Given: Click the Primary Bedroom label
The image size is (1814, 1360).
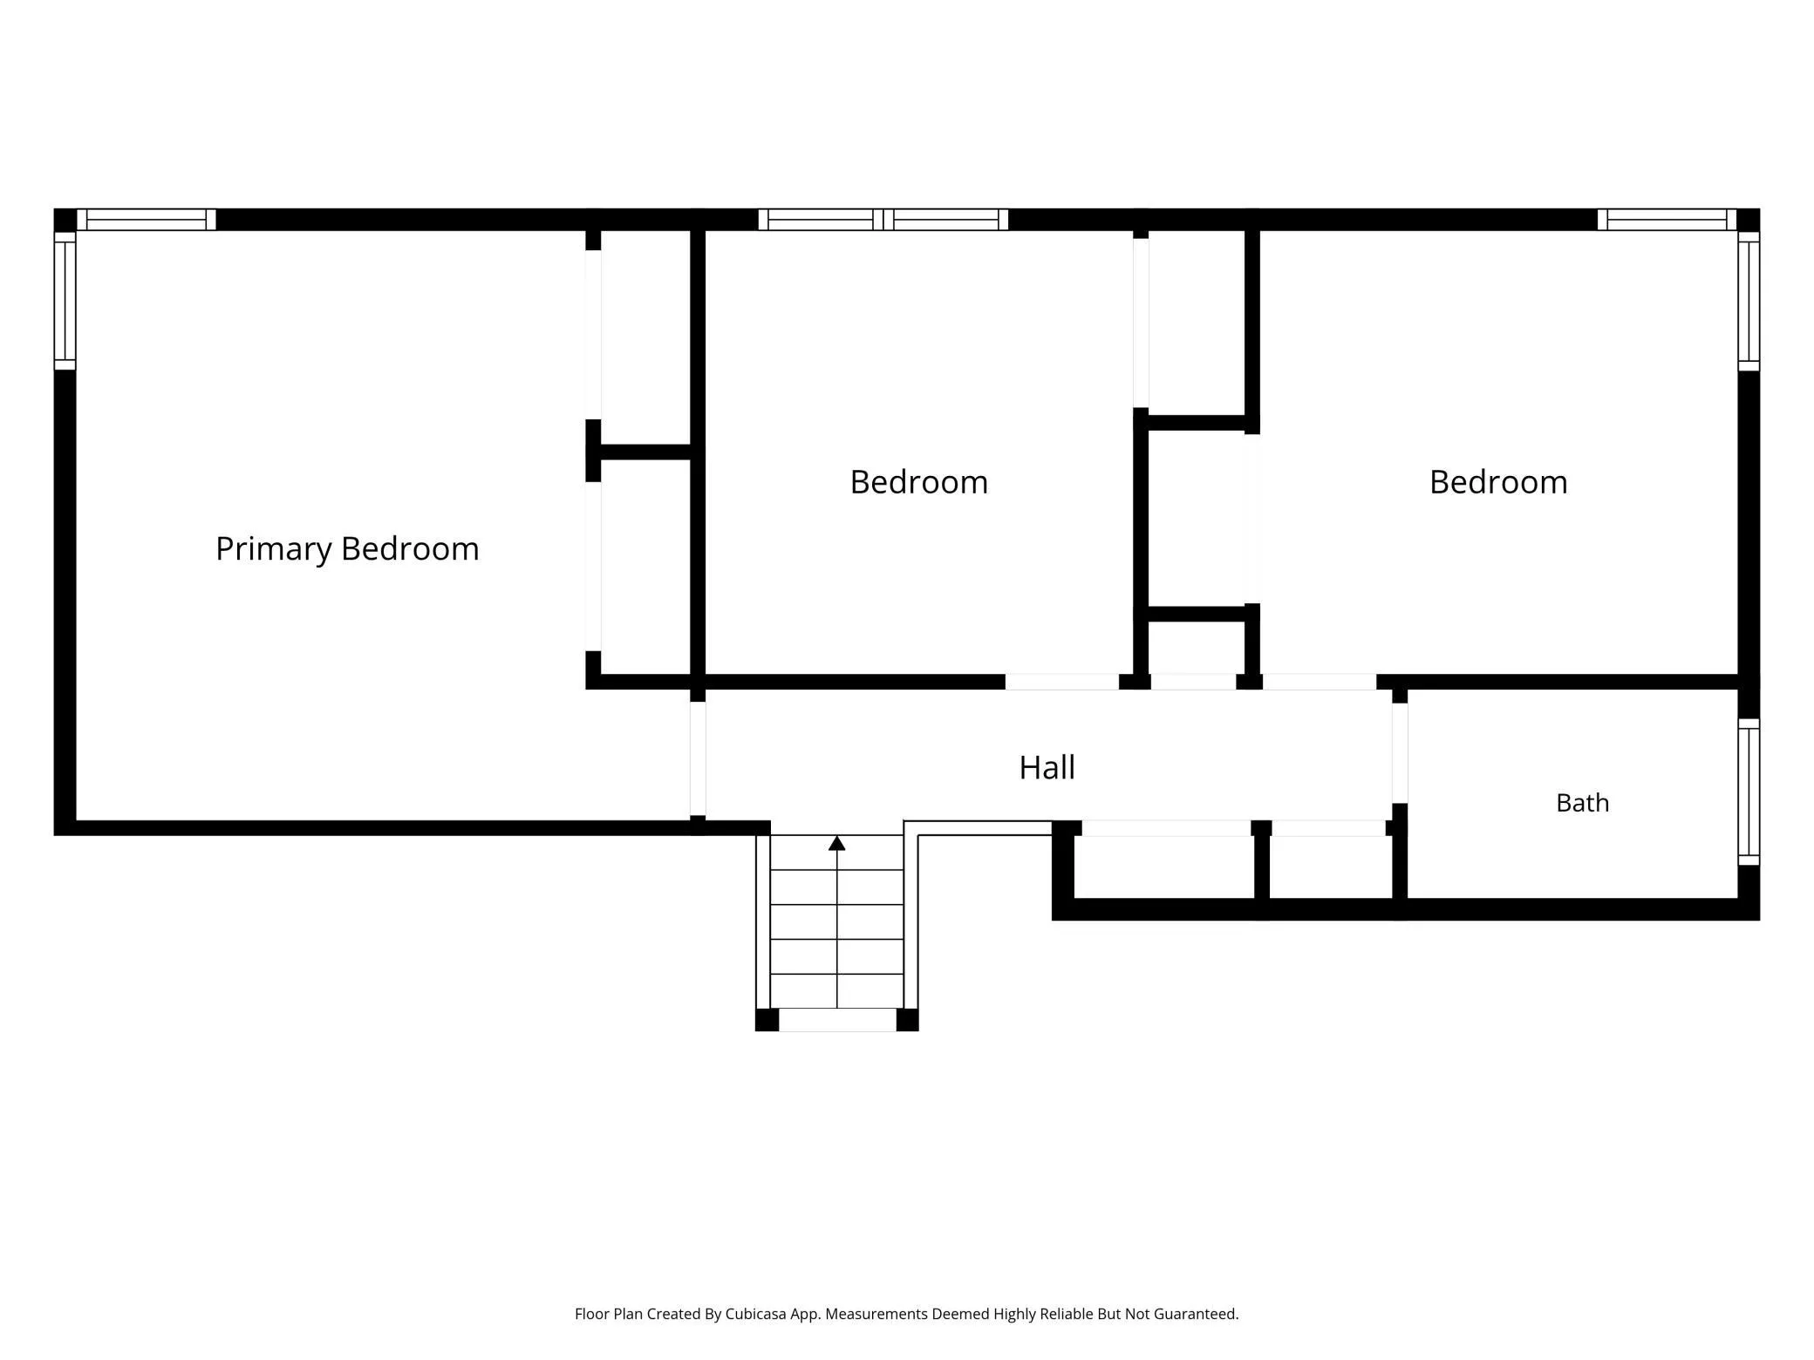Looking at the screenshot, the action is (x=347, y=549).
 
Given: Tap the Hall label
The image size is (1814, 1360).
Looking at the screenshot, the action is (x=1047, y=767).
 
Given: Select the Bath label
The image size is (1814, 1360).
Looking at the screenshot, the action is (x=1582, y=803).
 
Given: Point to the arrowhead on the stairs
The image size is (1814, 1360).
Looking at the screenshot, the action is (x=837, y=843).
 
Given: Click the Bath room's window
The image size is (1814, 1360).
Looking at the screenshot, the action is (x=1749, y=792).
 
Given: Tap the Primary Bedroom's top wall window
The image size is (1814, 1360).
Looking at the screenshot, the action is (x=147, y=220).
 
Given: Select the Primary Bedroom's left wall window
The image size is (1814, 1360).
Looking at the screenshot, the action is (x=65, y=301).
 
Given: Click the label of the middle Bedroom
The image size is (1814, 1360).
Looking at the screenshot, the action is (x=919, y=482).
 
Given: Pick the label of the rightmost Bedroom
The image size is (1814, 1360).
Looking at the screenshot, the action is (x=1498, y=482).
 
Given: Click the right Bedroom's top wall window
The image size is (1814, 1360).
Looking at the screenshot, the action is (x=1667, y=220).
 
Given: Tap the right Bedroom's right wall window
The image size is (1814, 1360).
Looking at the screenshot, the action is (x=1749, y=301).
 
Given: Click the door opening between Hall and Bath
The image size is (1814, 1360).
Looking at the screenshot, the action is (x=1400, y=753).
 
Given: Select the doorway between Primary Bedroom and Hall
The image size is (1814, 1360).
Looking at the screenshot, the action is (x=698, y=758).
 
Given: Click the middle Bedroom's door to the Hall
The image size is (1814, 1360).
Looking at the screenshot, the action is (x=1062, y=682).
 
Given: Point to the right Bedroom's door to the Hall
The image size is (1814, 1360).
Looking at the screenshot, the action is (x=1320, y=682).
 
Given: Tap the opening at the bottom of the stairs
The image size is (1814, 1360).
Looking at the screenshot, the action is (x=837, y=1020).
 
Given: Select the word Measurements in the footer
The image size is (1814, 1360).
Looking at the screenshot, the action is (x=876, y=1314).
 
